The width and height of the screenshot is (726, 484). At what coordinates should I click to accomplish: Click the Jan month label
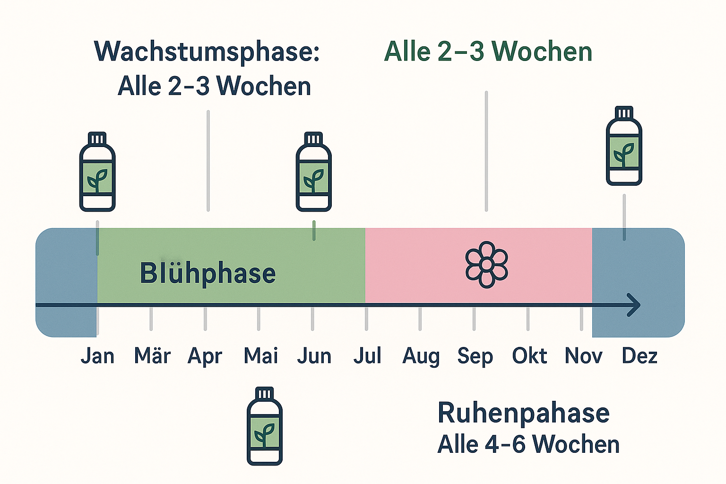97,356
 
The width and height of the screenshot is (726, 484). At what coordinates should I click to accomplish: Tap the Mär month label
152,356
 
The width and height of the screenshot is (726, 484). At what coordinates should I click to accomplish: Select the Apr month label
205,356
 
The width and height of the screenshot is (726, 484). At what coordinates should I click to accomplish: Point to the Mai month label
260,356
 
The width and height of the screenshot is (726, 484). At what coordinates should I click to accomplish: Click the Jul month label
367,356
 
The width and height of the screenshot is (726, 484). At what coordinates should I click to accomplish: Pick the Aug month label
421,356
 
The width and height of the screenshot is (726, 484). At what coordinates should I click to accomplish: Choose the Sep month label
475,356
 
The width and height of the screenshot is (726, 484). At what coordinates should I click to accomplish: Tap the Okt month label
529,356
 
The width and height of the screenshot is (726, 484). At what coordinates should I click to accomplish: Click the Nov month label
583,356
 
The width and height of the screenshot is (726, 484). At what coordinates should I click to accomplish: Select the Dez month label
640,356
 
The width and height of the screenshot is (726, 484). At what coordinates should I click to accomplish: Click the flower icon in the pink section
486,265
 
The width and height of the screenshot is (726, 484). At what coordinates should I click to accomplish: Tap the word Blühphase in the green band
207,273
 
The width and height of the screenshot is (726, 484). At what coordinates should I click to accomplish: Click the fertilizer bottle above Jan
97,172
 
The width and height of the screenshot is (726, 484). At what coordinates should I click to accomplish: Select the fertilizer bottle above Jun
313,172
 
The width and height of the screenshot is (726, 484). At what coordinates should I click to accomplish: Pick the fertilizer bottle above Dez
624,146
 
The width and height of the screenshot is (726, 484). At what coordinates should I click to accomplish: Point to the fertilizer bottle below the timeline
265,426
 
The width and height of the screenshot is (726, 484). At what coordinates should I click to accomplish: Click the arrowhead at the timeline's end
634,305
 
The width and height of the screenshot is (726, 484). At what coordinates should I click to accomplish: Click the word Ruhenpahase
523,413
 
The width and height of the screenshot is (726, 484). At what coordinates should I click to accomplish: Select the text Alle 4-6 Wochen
528,444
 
